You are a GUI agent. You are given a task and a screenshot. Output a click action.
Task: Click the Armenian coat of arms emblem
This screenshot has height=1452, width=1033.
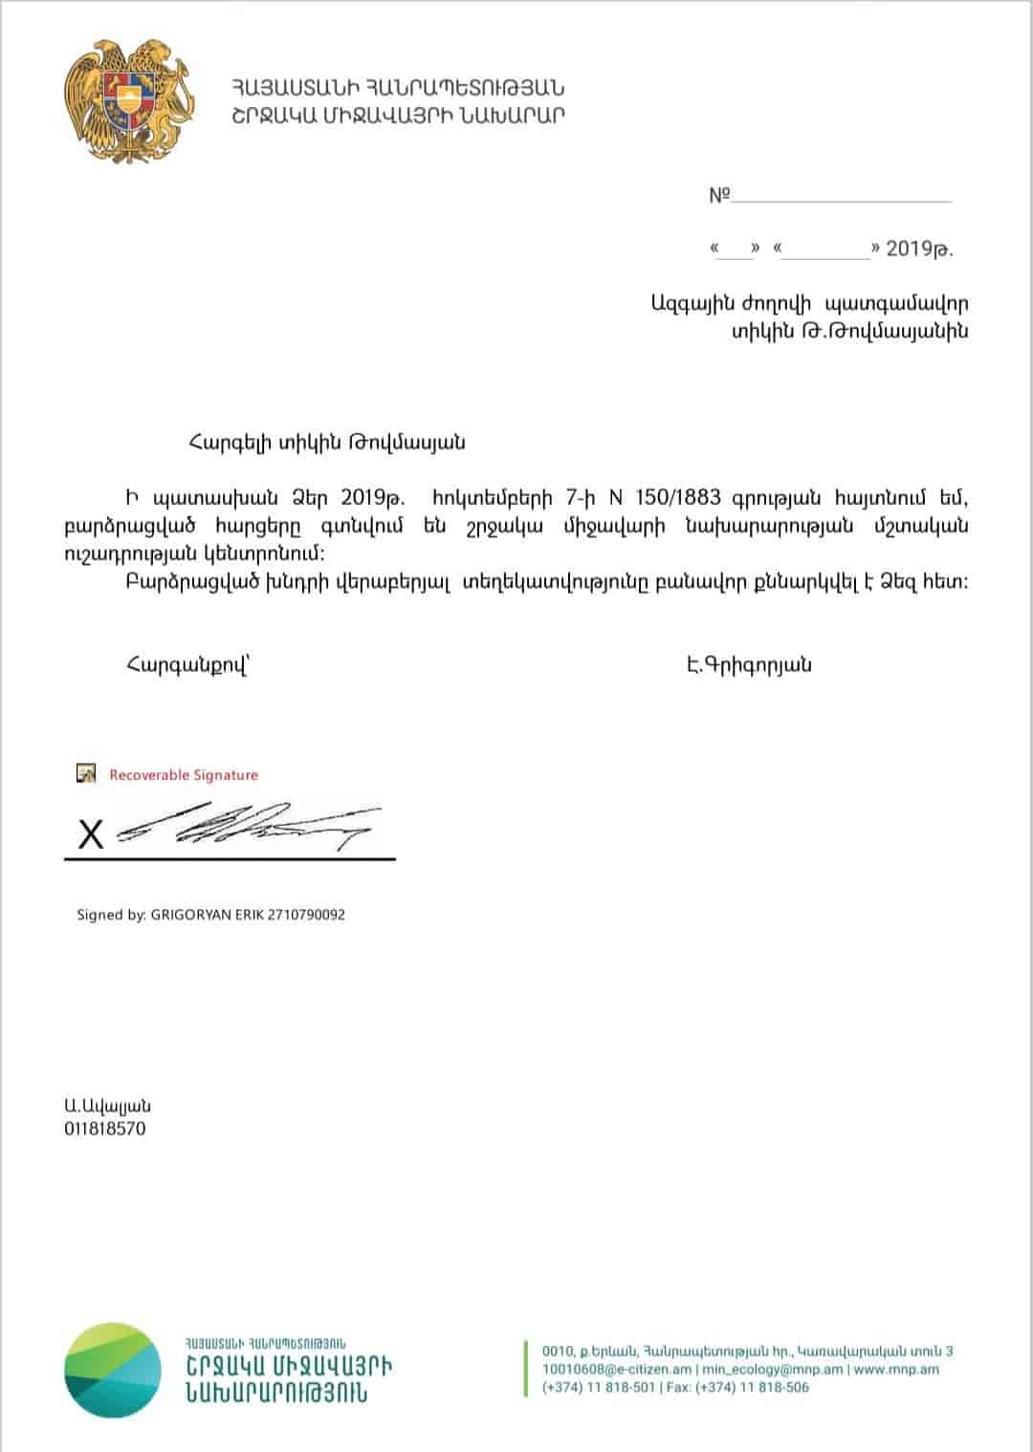[129, 100]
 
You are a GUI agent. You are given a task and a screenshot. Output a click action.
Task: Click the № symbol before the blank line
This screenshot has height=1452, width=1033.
[719, 196]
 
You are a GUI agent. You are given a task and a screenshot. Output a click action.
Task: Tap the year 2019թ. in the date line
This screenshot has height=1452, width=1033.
[919, 249]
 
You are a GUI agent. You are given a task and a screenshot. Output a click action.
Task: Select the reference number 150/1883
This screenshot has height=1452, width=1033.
[677, 498]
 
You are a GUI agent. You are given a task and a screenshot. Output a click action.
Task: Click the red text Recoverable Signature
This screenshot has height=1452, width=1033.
[184, 775]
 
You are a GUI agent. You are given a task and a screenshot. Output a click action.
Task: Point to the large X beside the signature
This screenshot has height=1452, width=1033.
[91, 835]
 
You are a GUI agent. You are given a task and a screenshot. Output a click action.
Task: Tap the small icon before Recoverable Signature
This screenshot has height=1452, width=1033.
[87, 774]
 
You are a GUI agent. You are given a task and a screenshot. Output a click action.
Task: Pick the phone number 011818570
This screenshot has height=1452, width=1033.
[105, 1129]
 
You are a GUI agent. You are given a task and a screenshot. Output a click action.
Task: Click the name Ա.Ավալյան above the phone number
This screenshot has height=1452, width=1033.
[107, 1106]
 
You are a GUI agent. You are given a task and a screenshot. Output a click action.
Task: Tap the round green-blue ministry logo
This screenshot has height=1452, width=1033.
[113, 1370]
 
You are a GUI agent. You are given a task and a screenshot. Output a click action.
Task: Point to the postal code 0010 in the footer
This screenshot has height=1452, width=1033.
[557, 1352]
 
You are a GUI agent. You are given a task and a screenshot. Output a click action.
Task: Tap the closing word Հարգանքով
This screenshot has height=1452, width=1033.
[187, 666]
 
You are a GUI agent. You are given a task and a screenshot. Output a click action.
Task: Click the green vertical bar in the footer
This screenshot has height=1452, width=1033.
[526, 1369]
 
